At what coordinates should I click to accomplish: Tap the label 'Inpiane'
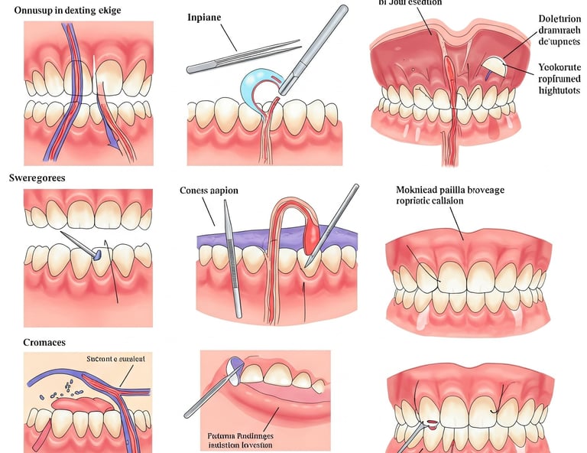tap(203, 16)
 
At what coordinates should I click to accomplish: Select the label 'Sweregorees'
tap(37, 177)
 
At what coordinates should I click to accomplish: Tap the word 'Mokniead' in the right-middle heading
tap(419, 190)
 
